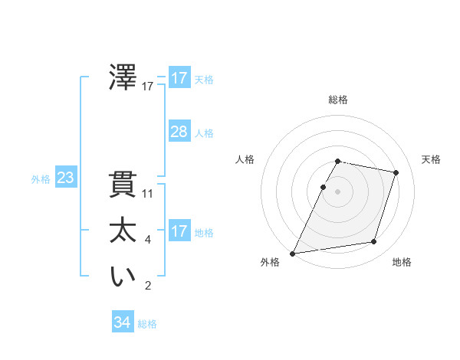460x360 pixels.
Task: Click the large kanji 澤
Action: [x=123, y=78]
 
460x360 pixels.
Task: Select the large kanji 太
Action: [x=123, y=231]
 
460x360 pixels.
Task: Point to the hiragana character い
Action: [x=123, y=277]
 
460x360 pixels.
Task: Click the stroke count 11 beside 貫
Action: [x=148, y=194]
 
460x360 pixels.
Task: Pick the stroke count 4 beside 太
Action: [x=148, y=240]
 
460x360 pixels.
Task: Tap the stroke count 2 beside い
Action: [x=148, y=286]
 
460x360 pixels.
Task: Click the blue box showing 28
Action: [x=179, y=132]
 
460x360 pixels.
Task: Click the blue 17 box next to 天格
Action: [x=179, y=78]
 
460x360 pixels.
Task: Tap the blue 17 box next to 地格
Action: [x=179, y=231]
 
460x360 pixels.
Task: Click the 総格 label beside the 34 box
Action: [x=147, y=324]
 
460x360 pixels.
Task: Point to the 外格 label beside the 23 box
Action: [x=41, y=179]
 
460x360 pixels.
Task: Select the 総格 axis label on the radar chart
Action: [x=338, y=100]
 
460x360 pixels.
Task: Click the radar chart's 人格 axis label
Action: [x=245, y=159]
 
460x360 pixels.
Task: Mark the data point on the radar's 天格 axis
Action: [x=396, y=172]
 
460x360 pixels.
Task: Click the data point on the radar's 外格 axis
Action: [x=292, y=254]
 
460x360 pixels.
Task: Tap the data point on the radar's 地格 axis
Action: [x=374, y=242]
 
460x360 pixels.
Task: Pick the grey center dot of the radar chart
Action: [x=338, y=191]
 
